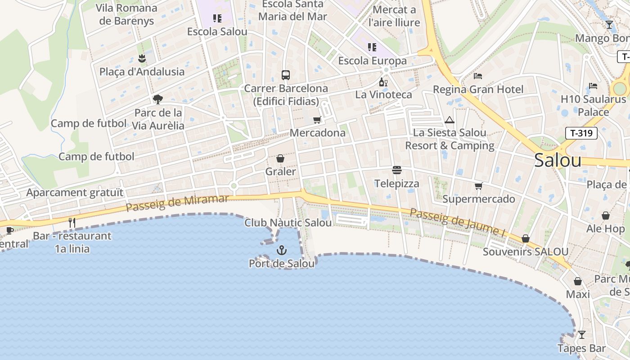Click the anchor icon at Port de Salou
pyautogui.click(x=282, y=250)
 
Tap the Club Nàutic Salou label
pyautogui.click(x=288, y=223)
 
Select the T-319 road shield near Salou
pyautogui.click(x=581, y=133)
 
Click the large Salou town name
pyautogui.click(x=558, y=161)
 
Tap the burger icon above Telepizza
pyautogui.click(x=397, y=170)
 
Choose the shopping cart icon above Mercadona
pyautogui.click(x=317, y=120)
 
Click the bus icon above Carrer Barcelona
pyautogui.click(x=286, y=75)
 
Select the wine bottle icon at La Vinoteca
pyautogui.click(x=383, y=82)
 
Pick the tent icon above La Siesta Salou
pyautogui.click(x=449, y=120)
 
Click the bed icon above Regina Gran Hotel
pyautogui.click(x=478, y=76)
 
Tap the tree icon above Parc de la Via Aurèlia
pyautogui.click(x=157, y=99)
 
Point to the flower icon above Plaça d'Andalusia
pyautogui.click(x=142, y=58)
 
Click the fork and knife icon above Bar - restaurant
pyautogui.click(x=72, y=222)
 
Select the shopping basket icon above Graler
pyautogui.click(x=280, y=158)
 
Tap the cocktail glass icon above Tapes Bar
pyautogui.click(x=581, y=335)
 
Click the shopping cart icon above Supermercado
pyautogui.click(x=478, y=186)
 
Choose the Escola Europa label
pyautogui.click(x=372, y=61)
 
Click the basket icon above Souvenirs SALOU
pyautogui.click(x=526, y=238)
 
